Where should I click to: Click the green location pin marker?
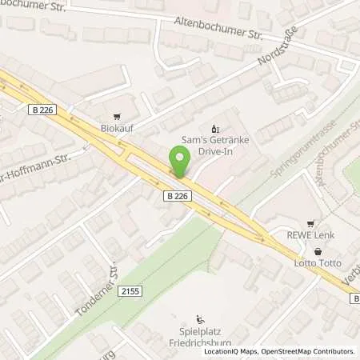178,162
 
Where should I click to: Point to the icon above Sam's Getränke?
214,128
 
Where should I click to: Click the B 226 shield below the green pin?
178,194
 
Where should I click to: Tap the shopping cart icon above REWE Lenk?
310,223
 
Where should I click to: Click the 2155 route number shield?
134,294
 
